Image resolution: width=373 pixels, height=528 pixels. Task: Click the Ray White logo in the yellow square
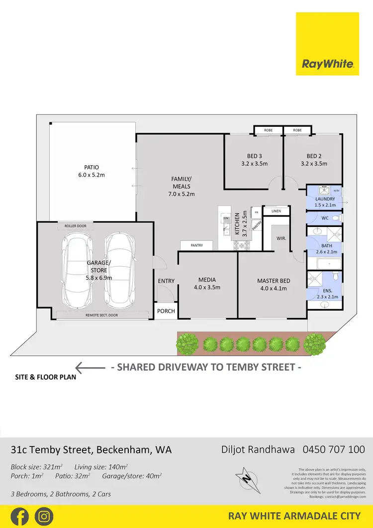point(328,64)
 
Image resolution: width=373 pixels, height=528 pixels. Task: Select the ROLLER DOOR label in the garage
point(75,226)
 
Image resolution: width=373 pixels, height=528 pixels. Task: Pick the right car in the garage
point(118,271)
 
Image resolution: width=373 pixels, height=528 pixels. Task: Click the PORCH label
point(166,311)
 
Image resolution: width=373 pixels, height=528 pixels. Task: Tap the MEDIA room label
point(207,280)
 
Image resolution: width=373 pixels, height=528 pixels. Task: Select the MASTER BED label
point(274,281)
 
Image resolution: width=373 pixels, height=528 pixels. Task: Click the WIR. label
point(281,238)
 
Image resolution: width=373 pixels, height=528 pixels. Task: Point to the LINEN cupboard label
point(276,211)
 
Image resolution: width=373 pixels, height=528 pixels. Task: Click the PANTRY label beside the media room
point(196,245)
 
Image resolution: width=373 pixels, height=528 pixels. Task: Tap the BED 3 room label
point(254,156)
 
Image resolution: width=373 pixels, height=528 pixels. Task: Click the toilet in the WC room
point(336,218)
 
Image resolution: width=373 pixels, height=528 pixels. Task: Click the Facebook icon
point(19,516)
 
